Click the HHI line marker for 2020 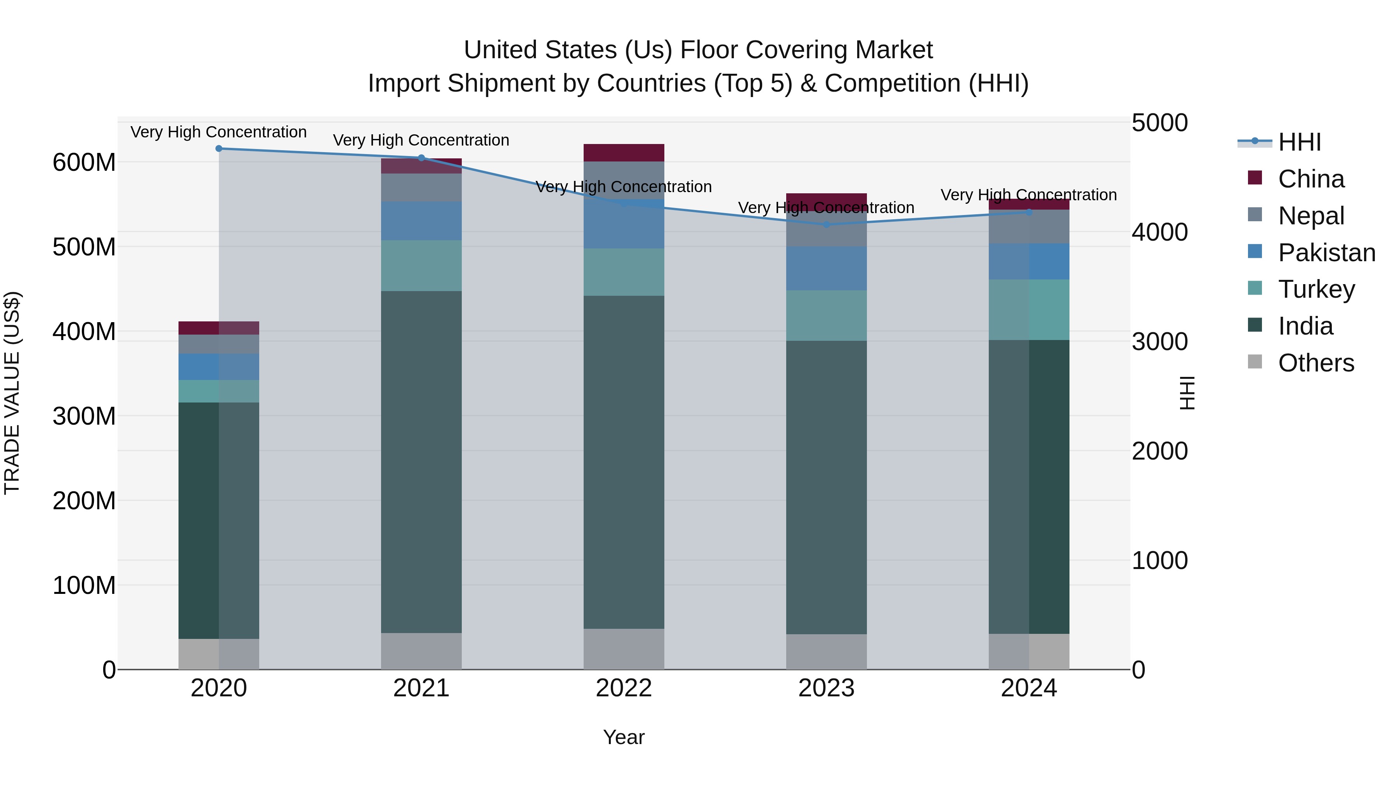(x=219, y=149)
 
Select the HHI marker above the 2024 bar (x=1029, y=212)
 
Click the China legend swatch (x=1255, y=178)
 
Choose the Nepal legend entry (x=1311, y=215)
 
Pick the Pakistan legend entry (x=1326, y=252)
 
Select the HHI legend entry (x=1299, y=142)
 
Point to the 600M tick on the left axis (x=84, y=163)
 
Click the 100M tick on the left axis (x=84, y=586)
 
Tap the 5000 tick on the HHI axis (x=1160, y=123)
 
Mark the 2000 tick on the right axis (x=1160, y=451)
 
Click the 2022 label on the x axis (x=624, y=688)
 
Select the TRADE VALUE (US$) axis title (x=12, y=393)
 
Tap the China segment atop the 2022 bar (x=624, y=153)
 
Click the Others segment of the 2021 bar (x=421, y=651)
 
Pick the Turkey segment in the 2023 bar (x=827, y=316)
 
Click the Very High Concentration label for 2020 (x=218, y=132)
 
